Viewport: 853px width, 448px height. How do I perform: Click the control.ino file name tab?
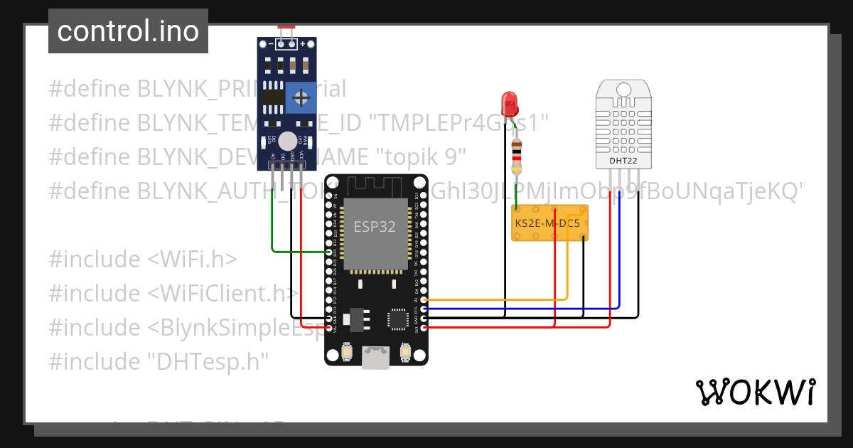128,31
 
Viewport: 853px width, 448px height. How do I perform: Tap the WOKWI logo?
755,392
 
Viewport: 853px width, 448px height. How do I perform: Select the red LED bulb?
509,104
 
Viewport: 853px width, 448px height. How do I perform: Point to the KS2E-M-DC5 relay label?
547,223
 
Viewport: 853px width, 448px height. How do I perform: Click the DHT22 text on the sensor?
623,160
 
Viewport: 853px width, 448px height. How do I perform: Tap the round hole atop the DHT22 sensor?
623,90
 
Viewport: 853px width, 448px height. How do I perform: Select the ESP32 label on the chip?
375,227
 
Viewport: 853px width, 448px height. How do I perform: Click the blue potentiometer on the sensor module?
301,97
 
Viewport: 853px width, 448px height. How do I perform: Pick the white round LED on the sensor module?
287,141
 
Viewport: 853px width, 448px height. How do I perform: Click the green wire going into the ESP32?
273,228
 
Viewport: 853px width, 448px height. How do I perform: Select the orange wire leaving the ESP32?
498,299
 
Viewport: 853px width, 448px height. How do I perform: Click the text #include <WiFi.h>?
143,260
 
